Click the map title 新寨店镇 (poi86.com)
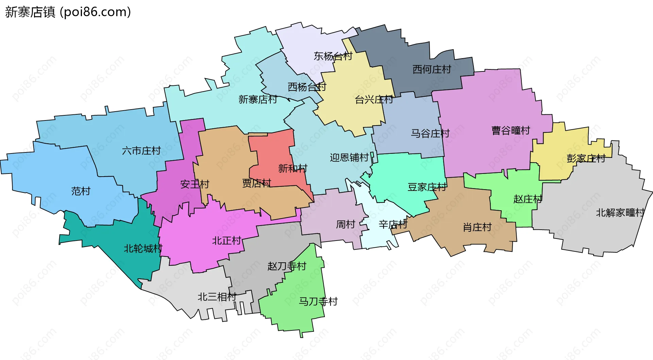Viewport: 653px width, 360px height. click(68, 12)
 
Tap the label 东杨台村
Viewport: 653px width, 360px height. click(333, 56)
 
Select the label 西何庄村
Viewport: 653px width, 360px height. click(432, 69)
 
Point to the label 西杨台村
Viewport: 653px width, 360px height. click(307, 87)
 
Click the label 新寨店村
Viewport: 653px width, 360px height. click(257, 99)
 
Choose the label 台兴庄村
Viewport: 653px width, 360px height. click(373, 100)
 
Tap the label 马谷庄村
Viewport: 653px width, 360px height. click(430, 133)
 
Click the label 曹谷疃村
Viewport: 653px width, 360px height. click(510, 130)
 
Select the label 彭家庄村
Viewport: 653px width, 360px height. click(586, 158)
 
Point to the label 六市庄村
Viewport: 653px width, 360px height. click(141, 150)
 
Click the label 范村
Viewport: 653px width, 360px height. click(81, 191)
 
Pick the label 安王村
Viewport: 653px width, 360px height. click(195, 184)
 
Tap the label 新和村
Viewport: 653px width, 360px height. click(292, 168)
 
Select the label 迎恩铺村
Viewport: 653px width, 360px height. click(349, 157)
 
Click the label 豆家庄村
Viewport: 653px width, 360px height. click(427, 187)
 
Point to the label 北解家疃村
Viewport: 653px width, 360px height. click(620, 213)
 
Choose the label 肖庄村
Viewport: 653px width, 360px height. click(477, 227)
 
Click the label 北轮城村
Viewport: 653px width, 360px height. click(143, 248)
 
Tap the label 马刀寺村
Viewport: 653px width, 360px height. click(318, 301)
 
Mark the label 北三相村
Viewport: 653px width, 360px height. click(217, 297)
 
